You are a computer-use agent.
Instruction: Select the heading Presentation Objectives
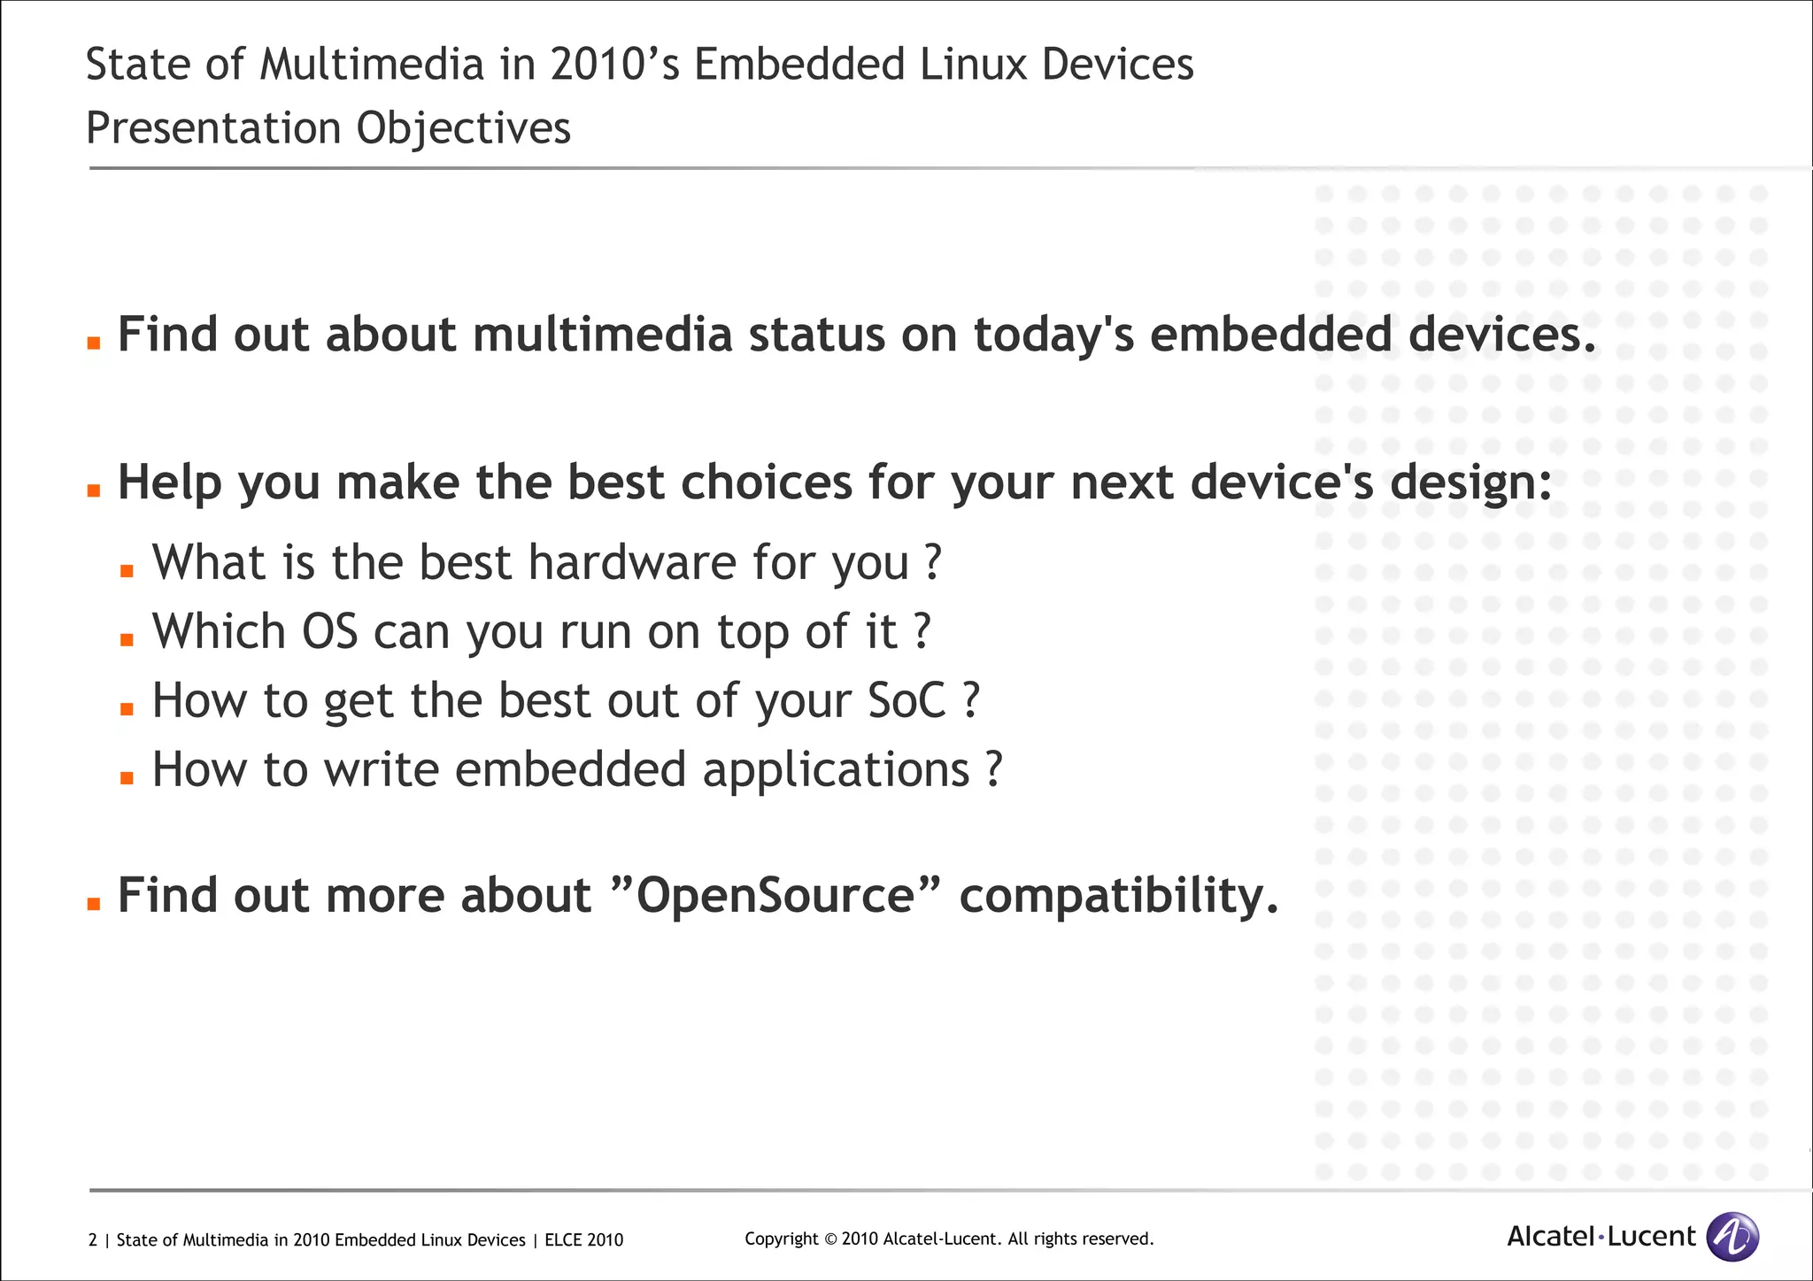point(328,128)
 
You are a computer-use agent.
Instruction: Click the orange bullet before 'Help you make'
point(94,491)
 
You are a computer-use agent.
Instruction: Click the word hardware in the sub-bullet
point(632,562)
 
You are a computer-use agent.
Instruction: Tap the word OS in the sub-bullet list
point(329,631)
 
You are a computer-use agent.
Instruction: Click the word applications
point(836,769)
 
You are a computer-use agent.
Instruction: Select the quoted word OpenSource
point(775,895)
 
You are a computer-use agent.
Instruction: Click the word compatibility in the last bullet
point(1119,895)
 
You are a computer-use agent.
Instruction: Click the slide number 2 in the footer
point(93,1240)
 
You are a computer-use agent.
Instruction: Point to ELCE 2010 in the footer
point(583,1240)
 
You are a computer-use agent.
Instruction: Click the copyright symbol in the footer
point(829,1239)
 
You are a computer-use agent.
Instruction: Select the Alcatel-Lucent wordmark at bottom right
point(1601,1237)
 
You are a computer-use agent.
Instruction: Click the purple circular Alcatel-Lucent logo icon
point(1732,1237)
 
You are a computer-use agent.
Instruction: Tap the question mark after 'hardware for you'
point(932,562)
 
